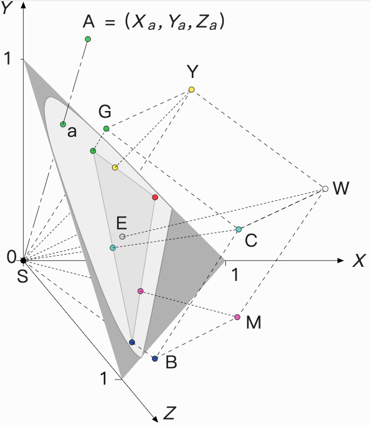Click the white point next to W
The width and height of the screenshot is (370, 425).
pyautogui.click(x=325, y=189)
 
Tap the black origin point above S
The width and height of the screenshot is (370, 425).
pyautogui.click(x=23, y=260)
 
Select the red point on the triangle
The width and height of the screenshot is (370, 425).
pyautogui.click(x=155, y=197)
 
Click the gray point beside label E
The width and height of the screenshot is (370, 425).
pyautogui.click(x=122, y=237)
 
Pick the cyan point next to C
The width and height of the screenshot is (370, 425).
pyautogui.click(x=239, y=229)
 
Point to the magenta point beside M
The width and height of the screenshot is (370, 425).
pyautogui.click(x=237, y=317)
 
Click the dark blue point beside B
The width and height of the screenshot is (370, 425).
pyautogui.click(x=155, y=358)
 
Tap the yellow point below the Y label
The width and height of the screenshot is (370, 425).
pyautogui.click(x=192, y=90)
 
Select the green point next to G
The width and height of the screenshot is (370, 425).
pyautogui.click(x=106, y=129)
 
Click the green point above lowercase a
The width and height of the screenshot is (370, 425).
pyautogui.click(x=63, y=124)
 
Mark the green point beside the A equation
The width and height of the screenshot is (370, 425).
pyautogui.click(x=87, y=39)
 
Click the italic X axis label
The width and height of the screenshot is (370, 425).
pyautogui.click(x=358, y=261)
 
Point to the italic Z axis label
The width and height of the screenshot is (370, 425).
pyautogui.click(x=170, y=414)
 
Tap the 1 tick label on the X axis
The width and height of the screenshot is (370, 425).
pyautogui.click(x=237, y=275)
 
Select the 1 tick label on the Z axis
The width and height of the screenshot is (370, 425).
pyautogui.click(x=104, y=379)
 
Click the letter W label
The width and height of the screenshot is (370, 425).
pyautogui.click(x=341, y=189)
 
